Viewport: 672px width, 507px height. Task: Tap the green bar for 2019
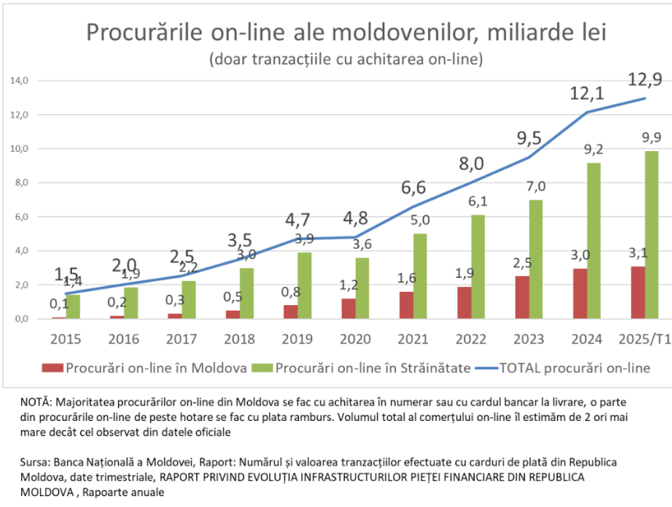tap(304, 286)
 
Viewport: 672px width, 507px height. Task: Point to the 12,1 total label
tap(588, 94)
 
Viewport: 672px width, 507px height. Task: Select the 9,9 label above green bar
tap(651, 138)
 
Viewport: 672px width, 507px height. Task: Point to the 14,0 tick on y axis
tap(20, 81)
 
